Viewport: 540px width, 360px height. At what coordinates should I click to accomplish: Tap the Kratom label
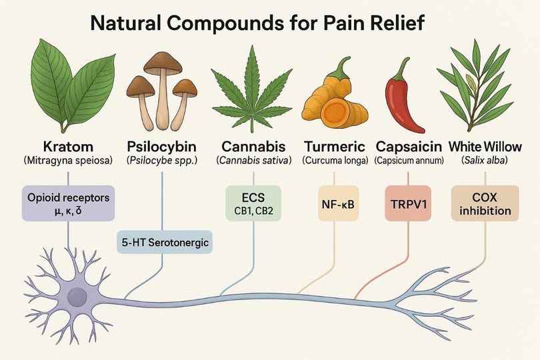click(x=68, y=147)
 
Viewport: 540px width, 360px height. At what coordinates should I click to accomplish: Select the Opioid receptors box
click(x=68, y=203)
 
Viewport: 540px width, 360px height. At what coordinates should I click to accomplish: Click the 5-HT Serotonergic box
click(x=165, y=242)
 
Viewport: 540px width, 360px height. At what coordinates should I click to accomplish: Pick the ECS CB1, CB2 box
click(x=253, y=203)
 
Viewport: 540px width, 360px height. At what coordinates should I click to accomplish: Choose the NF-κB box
click(x=338, y=203)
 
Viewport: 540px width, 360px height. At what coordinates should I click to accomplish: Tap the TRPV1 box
click(x=408, y=203)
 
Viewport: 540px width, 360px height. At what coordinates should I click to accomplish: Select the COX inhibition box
click(x=485, y=203)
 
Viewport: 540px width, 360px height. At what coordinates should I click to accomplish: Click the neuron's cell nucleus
click(x=77, y=297)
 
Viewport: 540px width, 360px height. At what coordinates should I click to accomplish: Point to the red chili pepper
click(x=401, y=100)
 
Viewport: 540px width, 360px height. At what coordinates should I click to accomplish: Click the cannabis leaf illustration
click(x=252, y=90)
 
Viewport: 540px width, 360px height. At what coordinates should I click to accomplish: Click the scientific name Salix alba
click(x=485, y=161)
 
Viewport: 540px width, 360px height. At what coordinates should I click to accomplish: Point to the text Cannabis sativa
click(x=253, y=161)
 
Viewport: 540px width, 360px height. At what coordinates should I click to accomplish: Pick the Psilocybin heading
click(x=162, y=147)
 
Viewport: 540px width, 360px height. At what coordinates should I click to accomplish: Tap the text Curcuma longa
click(x=335, y=161)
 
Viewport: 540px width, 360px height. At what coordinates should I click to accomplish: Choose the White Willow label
click(x=485, y=147)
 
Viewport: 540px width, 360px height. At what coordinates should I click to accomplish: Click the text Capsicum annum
click(x=409, y=161)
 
